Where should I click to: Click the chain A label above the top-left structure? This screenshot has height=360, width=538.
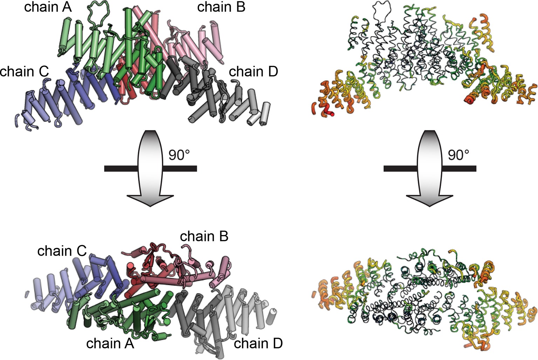tap(48, 7)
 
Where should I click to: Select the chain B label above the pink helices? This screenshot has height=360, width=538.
tap(221, 7)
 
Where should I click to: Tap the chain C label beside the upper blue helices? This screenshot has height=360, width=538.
tap(24, 71)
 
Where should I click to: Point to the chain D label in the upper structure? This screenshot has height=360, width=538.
tap(253, 71)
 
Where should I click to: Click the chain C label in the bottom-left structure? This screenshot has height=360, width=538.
tap(62, 251)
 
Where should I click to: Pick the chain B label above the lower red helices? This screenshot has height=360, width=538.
tap(204, 236)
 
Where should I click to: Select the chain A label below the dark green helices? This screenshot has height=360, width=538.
tap(110, 344)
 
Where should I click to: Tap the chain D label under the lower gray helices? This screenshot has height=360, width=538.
tap(258, 344)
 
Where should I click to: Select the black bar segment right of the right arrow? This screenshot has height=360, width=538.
tap(459, 169)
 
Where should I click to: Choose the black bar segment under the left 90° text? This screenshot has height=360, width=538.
tap(179, 169)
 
